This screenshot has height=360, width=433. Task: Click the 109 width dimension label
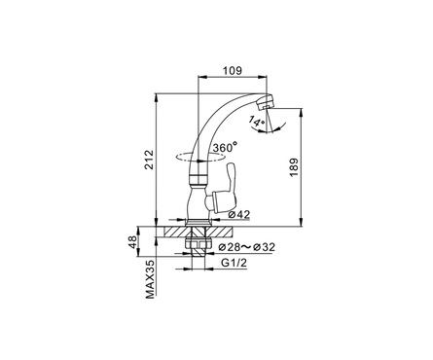[x=233, y=71]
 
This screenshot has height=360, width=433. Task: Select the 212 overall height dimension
[x=149, y=160]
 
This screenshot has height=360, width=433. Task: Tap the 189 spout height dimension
[x=294, y=167]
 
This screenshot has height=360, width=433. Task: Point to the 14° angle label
[x=257, y=122]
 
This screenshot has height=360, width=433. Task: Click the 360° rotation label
[x=225, y=148]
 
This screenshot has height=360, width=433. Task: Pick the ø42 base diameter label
[x=238, y=214]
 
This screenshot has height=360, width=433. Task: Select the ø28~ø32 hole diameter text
[x=246, y=247]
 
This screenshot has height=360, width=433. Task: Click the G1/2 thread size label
[x=234, y=263]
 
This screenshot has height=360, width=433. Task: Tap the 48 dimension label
[x=132, y=242]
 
